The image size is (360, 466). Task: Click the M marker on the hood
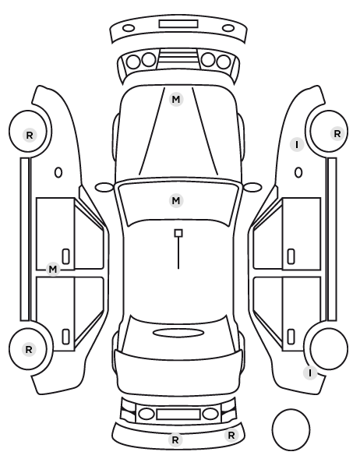(x=175, y=99)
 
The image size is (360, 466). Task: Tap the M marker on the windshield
(x=175, y=200)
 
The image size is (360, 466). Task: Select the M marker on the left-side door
(x=53, y=270)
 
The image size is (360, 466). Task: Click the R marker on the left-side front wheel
(x=30, y=136)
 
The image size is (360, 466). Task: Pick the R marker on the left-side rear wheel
(x=29, y=349)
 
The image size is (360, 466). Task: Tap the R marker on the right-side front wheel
(x=337, y=134)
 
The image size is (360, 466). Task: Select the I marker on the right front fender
(x=297, y=145)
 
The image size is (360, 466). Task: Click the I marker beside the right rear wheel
(x=310, y=372)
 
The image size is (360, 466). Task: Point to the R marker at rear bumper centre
(x=175, y=440)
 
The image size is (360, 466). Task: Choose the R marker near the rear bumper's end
(x=231, y=436)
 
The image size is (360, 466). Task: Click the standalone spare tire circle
(x=291, y=429)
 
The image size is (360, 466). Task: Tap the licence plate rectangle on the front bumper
(x=178, y=24)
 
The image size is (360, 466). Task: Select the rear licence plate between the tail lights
(x=178, y=414)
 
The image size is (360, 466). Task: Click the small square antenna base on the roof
(x=178, y=233)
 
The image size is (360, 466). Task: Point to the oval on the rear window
(x=178, y=333)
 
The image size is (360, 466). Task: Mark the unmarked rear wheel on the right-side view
(x=329, y=348)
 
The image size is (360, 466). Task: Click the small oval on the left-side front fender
(x=58, y=172)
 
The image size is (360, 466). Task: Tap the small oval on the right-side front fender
(x=298, y=172)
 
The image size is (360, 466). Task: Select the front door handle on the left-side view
(x=65, y=256)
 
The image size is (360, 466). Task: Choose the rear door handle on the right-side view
(x=291, y=337)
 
